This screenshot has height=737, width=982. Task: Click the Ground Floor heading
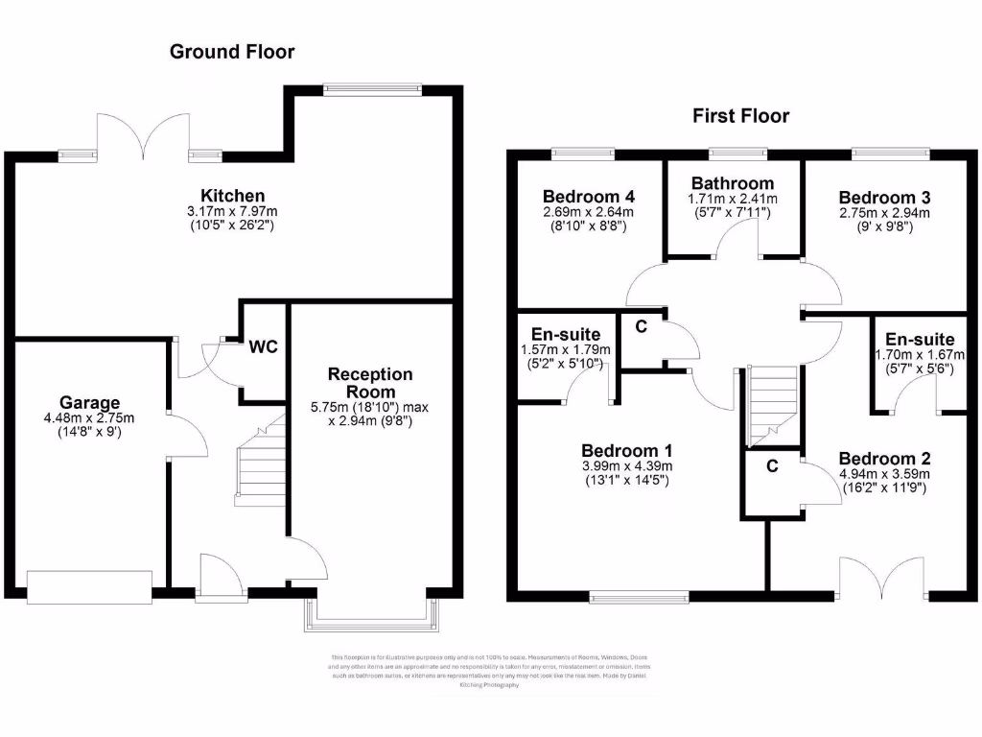click(232, 52)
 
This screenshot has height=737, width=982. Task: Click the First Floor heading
click(741, 116)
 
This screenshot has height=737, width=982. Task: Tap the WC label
click(263, 346)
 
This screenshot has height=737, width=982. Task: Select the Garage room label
click(90, 403)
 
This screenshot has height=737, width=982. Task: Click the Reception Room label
click(370, 382)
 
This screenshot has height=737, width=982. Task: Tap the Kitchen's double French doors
click(144, 137)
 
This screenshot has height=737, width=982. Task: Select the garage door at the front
click(89, 587)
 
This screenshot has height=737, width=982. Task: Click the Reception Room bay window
click(371, 614)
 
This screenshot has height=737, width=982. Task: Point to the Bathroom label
click(733, 183)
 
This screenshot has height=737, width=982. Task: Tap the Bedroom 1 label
click(627, 450)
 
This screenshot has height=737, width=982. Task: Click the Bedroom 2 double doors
click(882, 578)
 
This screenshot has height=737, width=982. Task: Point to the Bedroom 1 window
click(640, 597)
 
